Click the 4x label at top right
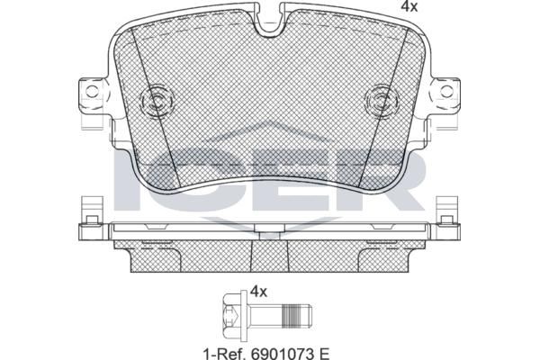409,6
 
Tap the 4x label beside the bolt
258,292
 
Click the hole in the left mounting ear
92,91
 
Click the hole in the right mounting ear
446,91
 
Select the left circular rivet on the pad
157,102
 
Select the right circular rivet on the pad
382,102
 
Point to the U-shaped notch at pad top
270,21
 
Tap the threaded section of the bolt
290,316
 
